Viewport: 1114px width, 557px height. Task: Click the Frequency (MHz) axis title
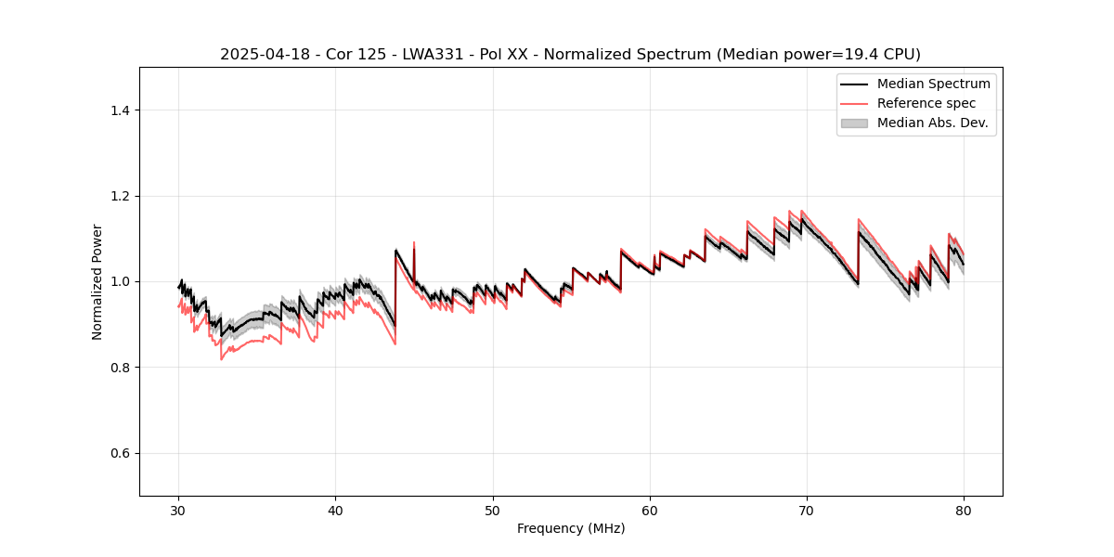(571, 528)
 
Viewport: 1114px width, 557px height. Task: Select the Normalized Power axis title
(97, 281)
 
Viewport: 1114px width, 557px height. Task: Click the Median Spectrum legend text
(933, 84)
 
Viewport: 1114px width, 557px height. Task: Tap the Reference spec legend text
(926, 103)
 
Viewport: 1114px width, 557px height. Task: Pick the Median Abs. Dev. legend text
(932, 123)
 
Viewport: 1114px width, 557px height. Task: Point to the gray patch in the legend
(854, 123)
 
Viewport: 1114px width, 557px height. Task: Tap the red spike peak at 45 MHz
(414, 242)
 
